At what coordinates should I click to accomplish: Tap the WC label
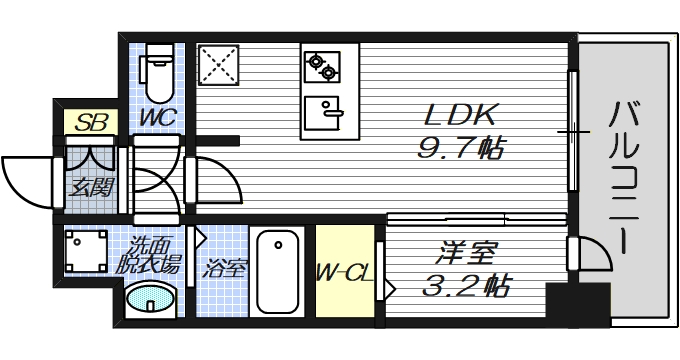158,118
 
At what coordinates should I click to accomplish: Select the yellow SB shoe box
92,123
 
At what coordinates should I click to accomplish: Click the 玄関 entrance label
90,186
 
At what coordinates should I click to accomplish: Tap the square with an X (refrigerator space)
219,67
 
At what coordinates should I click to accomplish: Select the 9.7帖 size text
459,150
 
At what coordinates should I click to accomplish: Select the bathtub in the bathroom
277,272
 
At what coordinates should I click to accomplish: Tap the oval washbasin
151,299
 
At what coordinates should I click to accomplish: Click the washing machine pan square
88,250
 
